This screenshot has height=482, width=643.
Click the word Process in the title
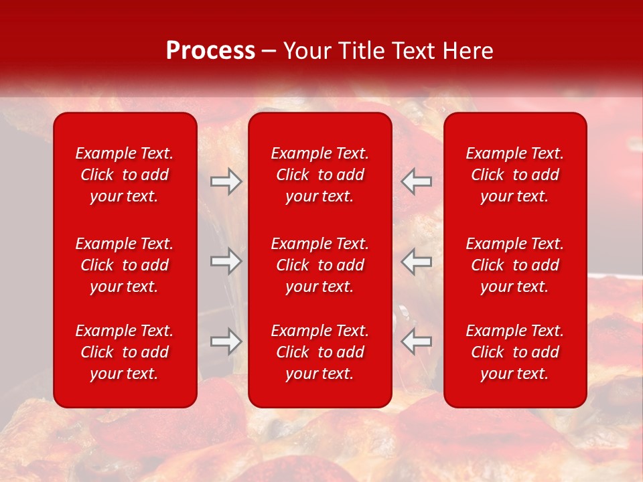(210, 51)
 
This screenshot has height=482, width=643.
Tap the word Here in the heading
(467, 51)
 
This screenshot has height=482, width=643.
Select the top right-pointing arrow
(226, 182)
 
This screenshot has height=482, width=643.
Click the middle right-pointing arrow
(226, 261)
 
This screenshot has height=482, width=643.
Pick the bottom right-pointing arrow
(226, 341)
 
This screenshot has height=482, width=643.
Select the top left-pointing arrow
(417, 182)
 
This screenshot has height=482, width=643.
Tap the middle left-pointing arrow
(417, 261)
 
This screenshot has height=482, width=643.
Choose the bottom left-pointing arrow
(417, 341)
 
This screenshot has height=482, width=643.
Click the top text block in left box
(125, 175)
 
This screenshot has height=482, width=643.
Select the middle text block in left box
(125, 265)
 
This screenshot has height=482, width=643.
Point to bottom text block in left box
(125, 352)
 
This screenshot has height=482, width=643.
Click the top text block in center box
(320, 175)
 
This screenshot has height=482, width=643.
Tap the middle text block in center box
(320, 265)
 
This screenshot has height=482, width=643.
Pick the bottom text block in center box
(320, 352)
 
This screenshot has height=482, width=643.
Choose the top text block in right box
(515, 175)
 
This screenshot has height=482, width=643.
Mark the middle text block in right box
(515, 265)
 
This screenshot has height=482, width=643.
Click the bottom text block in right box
(515, 352)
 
